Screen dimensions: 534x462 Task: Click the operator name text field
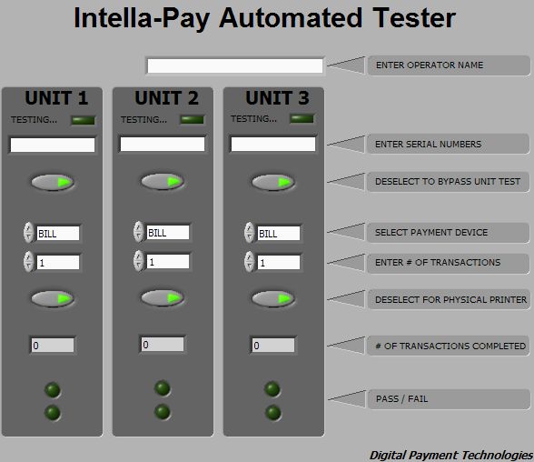235,65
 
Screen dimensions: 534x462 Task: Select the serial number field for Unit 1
53,145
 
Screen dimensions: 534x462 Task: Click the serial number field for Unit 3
273,144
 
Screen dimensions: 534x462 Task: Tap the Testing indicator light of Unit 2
193,120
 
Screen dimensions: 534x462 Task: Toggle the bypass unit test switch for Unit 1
53,182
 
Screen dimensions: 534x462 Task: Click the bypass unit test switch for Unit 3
273,182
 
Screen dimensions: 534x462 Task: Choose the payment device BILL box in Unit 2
167,233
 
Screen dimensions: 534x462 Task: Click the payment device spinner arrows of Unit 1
29,233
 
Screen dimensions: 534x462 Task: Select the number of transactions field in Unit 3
279,263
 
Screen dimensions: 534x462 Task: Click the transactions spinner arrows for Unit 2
139,261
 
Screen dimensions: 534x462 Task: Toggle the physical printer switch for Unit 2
163,297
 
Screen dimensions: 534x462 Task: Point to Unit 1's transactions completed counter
53,346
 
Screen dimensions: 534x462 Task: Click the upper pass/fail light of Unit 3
272,389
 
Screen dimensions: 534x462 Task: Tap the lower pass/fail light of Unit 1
53,413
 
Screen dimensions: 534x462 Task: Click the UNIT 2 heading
166,98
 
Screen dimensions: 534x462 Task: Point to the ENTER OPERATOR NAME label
430,65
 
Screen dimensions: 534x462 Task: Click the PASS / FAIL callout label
401,398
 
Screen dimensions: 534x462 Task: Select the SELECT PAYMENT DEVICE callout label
431,232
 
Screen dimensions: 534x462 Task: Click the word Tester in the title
414,17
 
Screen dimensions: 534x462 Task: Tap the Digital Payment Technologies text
451,456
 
